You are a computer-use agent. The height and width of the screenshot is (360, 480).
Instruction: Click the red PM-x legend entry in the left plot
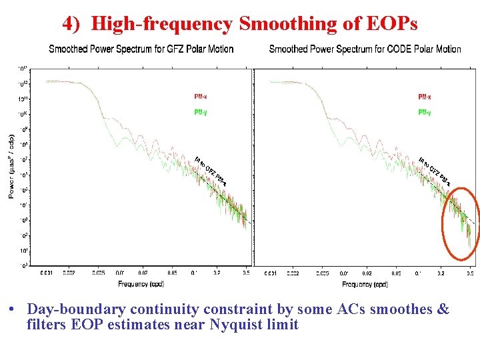tap(201, 97)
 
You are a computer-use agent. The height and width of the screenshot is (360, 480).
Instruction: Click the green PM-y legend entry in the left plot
tap(201, 113)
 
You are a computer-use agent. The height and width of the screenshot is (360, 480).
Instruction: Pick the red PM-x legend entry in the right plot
tap(425, 97)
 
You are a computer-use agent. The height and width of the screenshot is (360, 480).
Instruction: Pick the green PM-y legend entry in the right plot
tap(425, 113)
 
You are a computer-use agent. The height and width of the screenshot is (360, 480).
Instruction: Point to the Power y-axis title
tap(11, 167)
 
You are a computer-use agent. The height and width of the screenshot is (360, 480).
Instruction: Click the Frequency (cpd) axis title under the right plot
tap(365, 284)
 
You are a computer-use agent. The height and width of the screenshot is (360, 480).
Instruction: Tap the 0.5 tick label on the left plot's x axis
tap(246, 273)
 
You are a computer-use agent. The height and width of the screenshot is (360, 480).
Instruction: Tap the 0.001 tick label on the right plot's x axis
tap(271, 273)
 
